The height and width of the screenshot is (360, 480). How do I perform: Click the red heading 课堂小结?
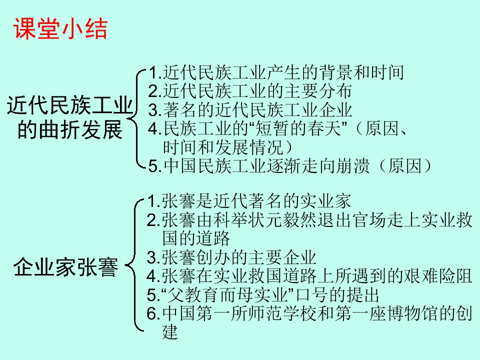60,29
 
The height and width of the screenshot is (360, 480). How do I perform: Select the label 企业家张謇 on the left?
66,267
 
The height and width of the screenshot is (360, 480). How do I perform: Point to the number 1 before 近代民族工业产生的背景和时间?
154,73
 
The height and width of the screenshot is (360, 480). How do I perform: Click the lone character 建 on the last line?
170,331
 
